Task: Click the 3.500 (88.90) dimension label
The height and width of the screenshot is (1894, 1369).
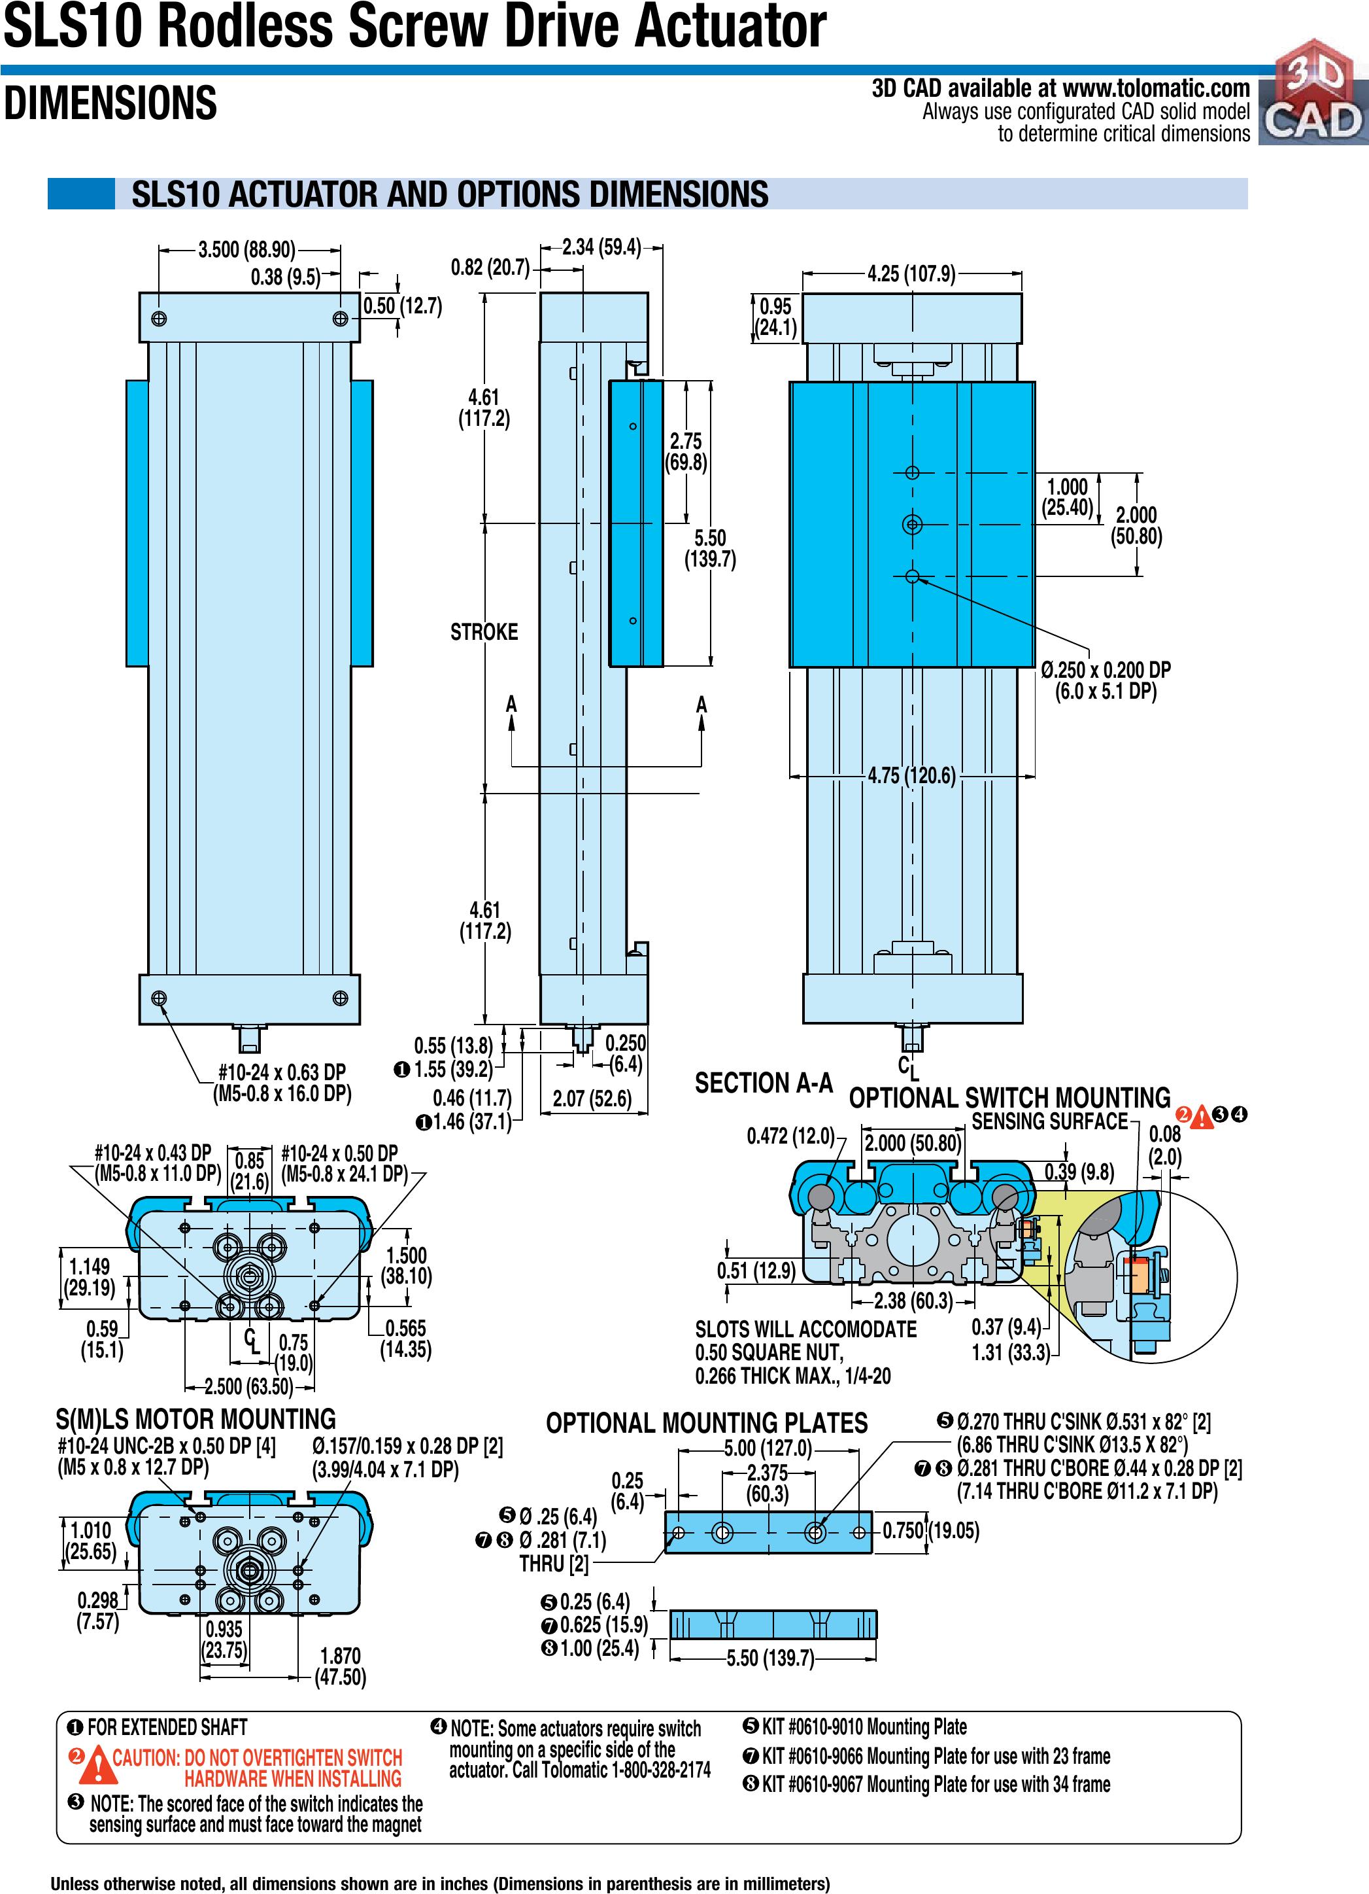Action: (x=247, y=250)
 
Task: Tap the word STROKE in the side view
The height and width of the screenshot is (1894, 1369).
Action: (x=484, y=632)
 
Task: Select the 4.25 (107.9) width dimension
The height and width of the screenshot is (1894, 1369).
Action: (x=911, y=274)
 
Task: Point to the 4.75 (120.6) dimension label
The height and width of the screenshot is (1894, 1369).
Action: (x=911, y=776)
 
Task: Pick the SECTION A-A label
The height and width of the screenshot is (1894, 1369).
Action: (x=764, y=1083)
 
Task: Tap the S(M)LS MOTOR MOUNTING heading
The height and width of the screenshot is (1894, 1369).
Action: (x=195, y=1419)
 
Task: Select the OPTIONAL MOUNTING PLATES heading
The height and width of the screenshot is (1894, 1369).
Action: (x=706, y=1423)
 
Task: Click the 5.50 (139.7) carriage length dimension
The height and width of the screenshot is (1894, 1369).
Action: (x=711, y=549)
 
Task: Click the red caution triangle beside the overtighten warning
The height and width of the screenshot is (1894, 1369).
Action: (x=99, y=1763)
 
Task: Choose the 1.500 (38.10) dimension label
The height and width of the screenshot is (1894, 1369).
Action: (x=407, y=1266)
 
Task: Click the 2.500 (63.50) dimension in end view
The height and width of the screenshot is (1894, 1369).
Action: (x=248, y=1386)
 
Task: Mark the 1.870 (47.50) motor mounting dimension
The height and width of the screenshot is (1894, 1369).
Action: (x=341, y=1666)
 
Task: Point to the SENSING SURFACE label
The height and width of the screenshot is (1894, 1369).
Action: (x=1049, y=1121)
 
